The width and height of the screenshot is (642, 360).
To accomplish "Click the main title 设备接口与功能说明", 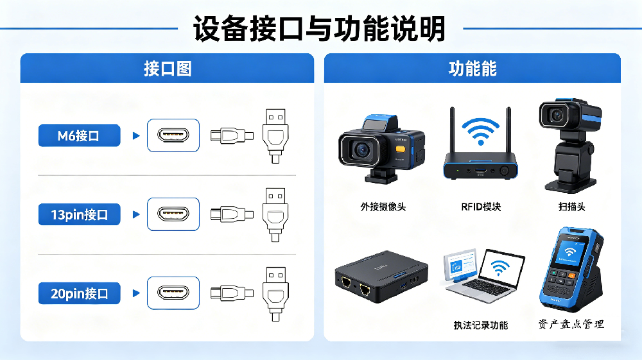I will pos(320,28).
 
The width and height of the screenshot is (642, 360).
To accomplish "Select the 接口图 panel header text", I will pos(167,68).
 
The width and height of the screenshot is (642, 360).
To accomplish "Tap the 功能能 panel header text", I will pos(472,68).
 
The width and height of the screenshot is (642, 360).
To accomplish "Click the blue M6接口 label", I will pos(79,135).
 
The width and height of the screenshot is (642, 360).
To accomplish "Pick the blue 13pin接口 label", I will pos(79,214).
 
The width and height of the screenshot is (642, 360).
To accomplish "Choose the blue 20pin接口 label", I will pos(79,294).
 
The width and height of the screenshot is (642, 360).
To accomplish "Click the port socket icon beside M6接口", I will pos(173,135).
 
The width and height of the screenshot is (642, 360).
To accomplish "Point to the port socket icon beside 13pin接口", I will pos(173,214).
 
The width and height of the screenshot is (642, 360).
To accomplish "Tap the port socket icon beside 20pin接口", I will pos(173,294).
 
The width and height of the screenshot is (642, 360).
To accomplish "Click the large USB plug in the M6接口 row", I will pos(275,135).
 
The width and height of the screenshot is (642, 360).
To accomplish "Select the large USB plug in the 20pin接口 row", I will pos(275,293).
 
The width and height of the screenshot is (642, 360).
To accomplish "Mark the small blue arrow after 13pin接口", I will pos(135,214).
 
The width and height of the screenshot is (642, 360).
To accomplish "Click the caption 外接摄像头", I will pos(383,207).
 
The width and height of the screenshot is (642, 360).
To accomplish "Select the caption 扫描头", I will pos(571,207).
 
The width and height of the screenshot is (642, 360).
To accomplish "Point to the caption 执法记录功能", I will pos(480,325).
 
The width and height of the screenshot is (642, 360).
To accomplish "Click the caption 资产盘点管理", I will pos(571,324).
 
